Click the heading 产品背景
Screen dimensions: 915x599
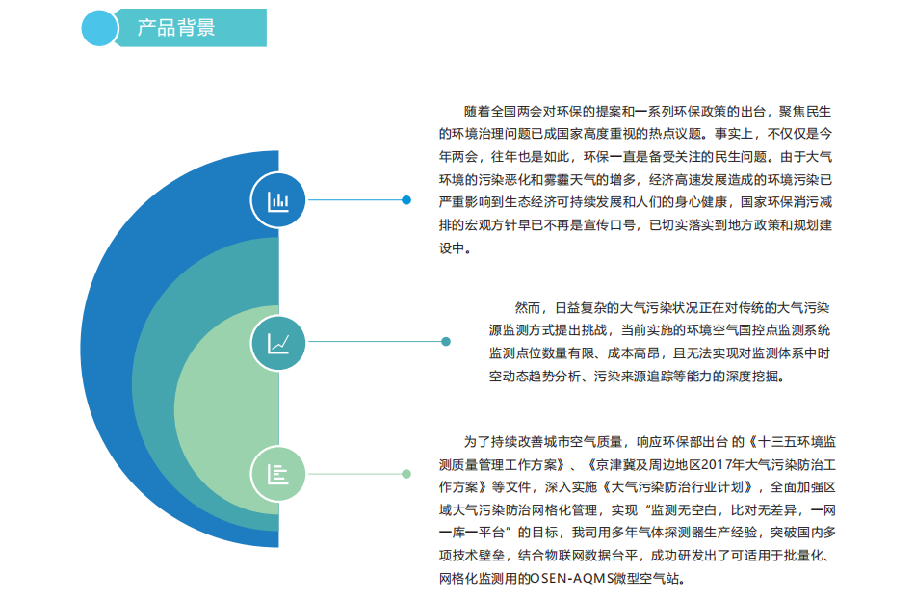pyautogui.click(x=176, y=27)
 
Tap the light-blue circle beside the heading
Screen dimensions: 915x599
pyautogui.click(x=100, y=28)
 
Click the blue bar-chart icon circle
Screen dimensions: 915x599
pyautogui.click(x=277, y=200)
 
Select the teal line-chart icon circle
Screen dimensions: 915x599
pyautogui.click(x=277, y=343)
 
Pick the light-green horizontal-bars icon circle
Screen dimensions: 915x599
pyautogui.click(x=277, y=474)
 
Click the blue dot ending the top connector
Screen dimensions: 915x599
pyautogui.click(x=406, y=200)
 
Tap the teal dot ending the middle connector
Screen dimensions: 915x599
pyautogui.click(x=446, y=342)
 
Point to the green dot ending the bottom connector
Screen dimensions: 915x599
pyautogui.click(x=406, y=474)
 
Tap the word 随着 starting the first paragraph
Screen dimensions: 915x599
pyautogui.click(x=477, y=112)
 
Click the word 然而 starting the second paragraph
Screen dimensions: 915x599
pyautogui.click(x=527, y=308)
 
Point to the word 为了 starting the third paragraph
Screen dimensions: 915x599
pyautogui.click(x=477, y=442)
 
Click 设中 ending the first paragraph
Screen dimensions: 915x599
pyautogui.click(x=452, y=247)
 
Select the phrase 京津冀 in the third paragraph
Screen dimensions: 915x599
pyautogui.click(x=614, y=465)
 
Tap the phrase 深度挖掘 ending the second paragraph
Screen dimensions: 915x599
pyautogui.click(x=753, y=377)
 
